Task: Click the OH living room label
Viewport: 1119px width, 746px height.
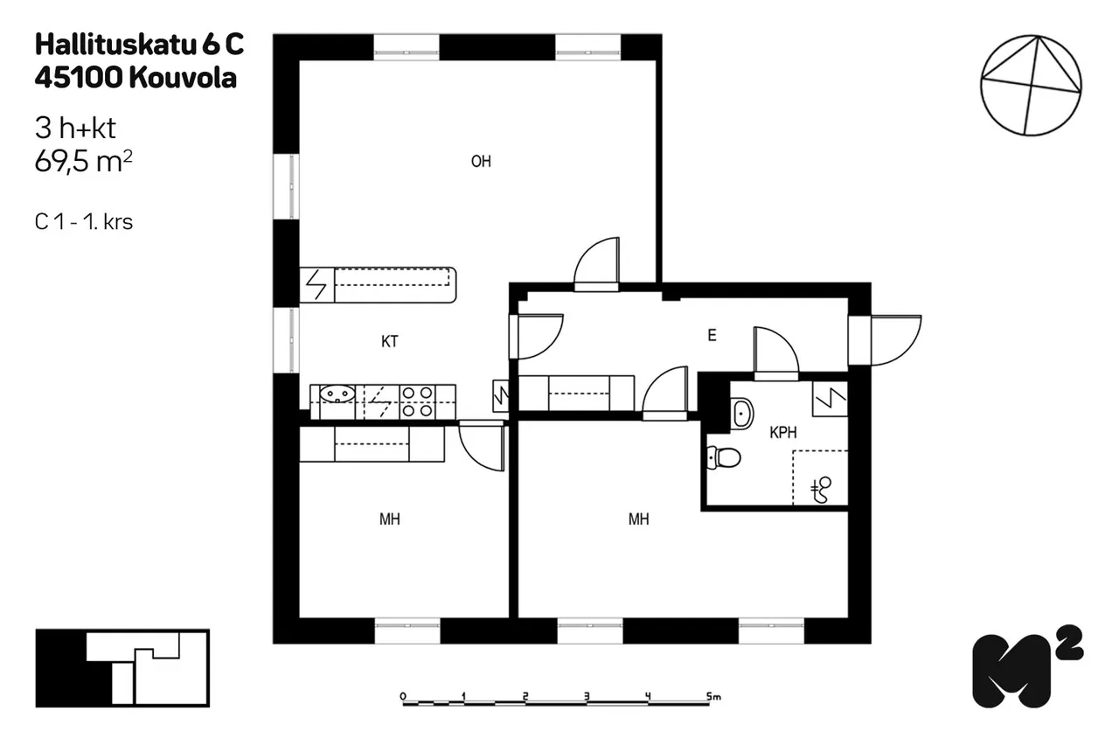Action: (481, 162)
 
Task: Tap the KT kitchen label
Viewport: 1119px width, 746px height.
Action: (390, 341)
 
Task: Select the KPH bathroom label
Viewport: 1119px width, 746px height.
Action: (782, 432)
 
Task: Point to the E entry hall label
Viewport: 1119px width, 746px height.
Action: (712, 335)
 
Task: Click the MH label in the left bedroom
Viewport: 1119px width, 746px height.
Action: (390, 519)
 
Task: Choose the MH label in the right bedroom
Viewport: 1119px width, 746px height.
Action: (638, 519)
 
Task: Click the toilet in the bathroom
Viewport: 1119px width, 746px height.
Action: (724, 457)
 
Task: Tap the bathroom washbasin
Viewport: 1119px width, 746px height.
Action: (742, 413)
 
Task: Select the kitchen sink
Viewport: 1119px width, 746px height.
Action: (337, 394)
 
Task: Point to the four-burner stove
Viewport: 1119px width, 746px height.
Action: (417, 401)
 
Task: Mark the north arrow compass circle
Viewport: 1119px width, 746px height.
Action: (1031, 86)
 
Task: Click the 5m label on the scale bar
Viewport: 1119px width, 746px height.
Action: (713, 696)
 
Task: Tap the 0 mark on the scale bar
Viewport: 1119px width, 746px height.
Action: (403, 696)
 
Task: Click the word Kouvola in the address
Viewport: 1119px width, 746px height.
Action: (183, 78)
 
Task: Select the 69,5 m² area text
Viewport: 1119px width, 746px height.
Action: (83, 161)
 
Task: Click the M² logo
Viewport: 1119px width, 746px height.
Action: (1027, 667)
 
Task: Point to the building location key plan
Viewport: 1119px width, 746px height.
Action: (122, 668)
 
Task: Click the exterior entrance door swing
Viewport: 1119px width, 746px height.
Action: (896, 340)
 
